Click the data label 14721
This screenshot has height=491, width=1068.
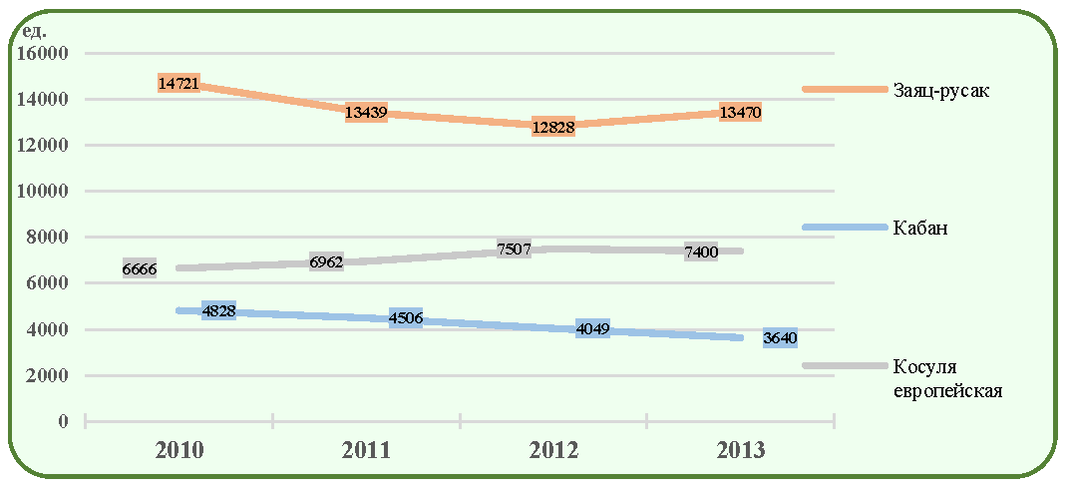[178, 83]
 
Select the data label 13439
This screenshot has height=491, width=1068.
[366, 113]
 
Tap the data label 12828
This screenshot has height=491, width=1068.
[553, 127]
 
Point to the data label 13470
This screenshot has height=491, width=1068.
[740, 112]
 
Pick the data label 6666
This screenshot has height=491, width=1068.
[140, 269]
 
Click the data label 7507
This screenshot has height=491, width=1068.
[515, 249]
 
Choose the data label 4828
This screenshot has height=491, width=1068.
[218, 311]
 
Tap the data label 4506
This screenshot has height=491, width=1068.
[406, 317]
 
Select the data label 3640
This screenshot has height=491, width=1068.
[780, 337]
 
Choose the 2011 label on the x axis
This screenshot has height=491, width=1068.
[366, 451]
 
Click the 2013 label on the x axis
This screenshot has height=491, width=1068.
[741, 451]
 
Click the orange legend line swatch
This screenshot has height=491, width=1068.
[845, 90]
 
